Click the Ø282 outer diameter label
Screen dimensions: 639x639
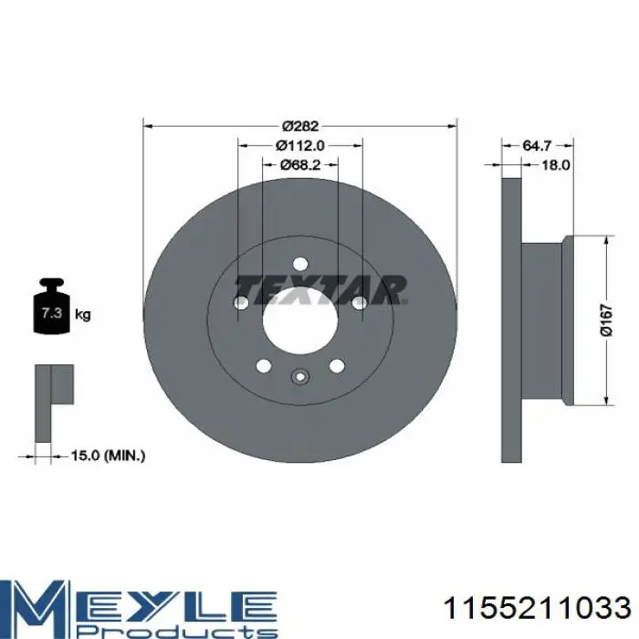click(300, 126)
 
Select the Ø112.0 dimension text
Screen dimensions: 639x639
click(300, 145)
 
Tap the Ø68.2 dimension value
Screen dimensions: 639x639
click(300, 164)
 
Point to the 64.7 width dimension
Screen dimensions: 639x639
click(537, 145)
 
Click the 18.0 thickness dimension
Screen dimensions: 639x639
click(555, 164)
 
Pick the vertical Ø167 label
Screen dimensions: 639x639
click(607, 319)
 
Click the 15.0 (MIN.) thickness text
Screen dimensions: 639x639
click(108, 456)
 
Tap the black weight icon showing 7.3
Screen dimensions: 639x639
click(51, 306)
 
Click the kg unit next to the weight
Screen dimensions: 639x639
click(83, 315)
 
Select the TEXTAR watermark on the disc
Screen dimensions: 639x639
click(321, 290)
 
